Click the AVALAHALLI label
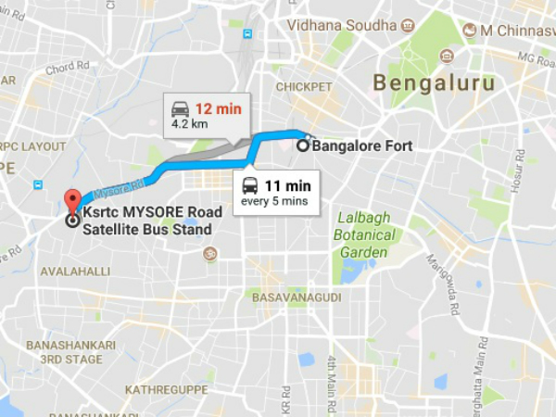tap(75, 271)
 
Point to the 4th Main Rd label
tap(332, 375)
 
